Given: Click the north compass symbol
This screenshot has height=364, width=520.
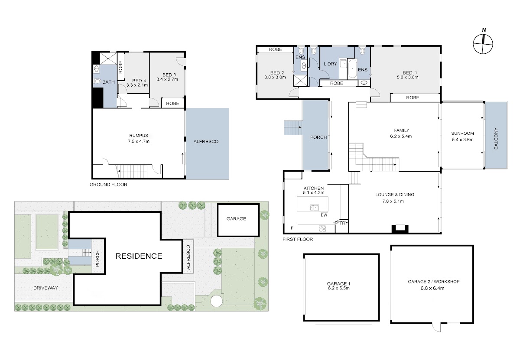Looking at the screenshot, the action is tap(483, 44).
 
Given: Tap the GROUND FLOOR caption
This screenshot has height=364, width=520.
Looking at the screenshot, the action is tap(108, 185).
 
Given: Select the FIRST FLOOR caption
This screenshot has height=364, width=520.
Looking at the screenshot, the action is tap(298, 239).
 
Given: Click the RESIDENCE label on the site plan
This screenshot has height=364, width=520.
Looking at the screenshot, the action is tap(139, 256).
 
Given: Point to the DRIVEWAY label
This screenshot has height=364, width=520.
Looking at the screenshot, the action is tap(45, 288).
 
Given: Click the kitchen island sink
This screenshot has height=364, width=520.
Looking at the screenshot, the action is tap(314, 207).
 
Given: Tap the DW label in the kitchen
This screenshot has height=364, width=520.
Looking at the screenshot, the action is tap(324, 215).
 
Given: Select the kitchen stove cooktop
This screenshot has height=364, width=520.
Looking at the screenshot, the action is tap(322, 229).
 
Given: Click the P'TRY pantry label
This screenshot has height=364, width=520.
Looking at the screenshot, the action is tap(341, 223).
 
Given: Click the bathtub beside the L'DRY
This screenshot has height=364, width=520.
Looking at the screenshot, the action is tap(352, 69).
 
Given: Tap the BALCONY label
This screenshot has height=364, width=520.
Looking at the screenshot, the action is tap(496, 138).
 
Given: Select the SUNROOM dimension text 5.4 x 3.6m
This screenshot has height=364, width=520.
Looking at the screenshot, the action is tap(462, 140).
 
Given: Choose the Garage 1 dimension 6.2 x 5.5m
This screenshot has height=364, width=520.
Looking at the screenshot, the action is tap(339, 288).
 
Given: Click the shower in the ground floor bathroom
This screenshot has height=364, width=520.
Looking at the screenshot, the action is tap(108, 58).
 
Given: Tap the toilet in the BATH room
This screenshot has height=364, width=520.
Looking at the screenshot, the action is tap(97, 81).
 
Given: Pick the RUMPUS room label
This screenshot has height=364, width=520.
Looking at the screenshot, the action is tap(139, 136).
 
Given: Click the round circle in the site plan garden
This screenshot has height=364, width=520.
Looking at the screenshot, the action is tap(216, 301).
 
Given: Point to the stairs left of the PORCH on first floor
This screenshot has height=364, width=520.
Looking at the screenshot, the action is tap(293, 128).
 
